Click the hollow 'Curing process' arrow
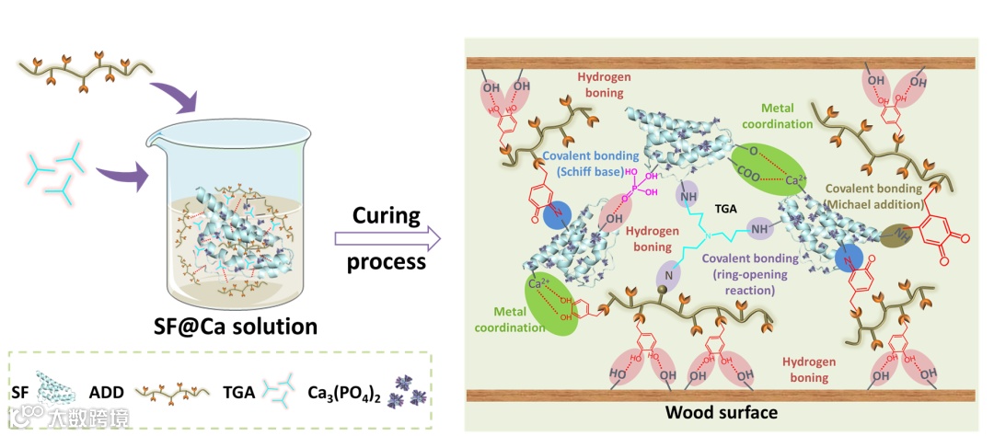[387, 240]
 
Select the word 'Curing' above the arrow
[387, 217]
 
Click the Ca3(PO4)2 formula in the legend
[347, 396]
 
